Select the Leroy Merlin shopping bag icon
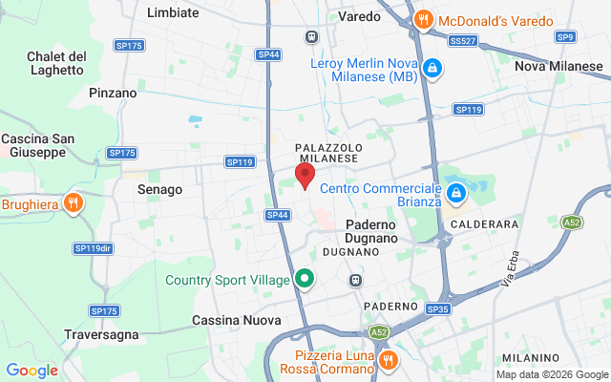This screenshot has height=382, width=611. pos(432,68)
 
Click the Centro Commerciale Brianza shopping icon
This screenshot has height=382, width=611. pos(456,194)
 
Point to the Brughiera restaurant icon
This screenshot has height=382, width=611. pos(72,202)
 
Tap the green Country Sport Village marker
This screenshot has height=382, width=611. pos(305,279)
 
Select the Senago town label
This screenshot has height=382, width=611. pos(159,189)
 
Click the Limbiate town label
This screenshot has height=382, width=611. pos(174,12)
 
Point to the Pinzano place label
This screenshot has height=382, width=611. pos(113,93)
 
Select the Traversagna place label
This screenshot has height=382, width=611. pos(102,334)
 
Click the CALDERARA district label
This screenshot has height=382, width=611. pos(486,223)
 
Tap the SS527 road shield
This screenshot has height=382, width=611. pos(463,41)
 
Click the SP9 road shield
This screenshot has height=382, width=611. pos(566,36)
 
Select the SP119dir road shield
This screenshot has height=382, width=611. pos(93,248)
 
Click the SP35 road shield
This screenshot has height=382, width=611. pos(438,309)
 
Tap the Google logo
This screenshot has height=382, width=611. pos(32,370)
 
